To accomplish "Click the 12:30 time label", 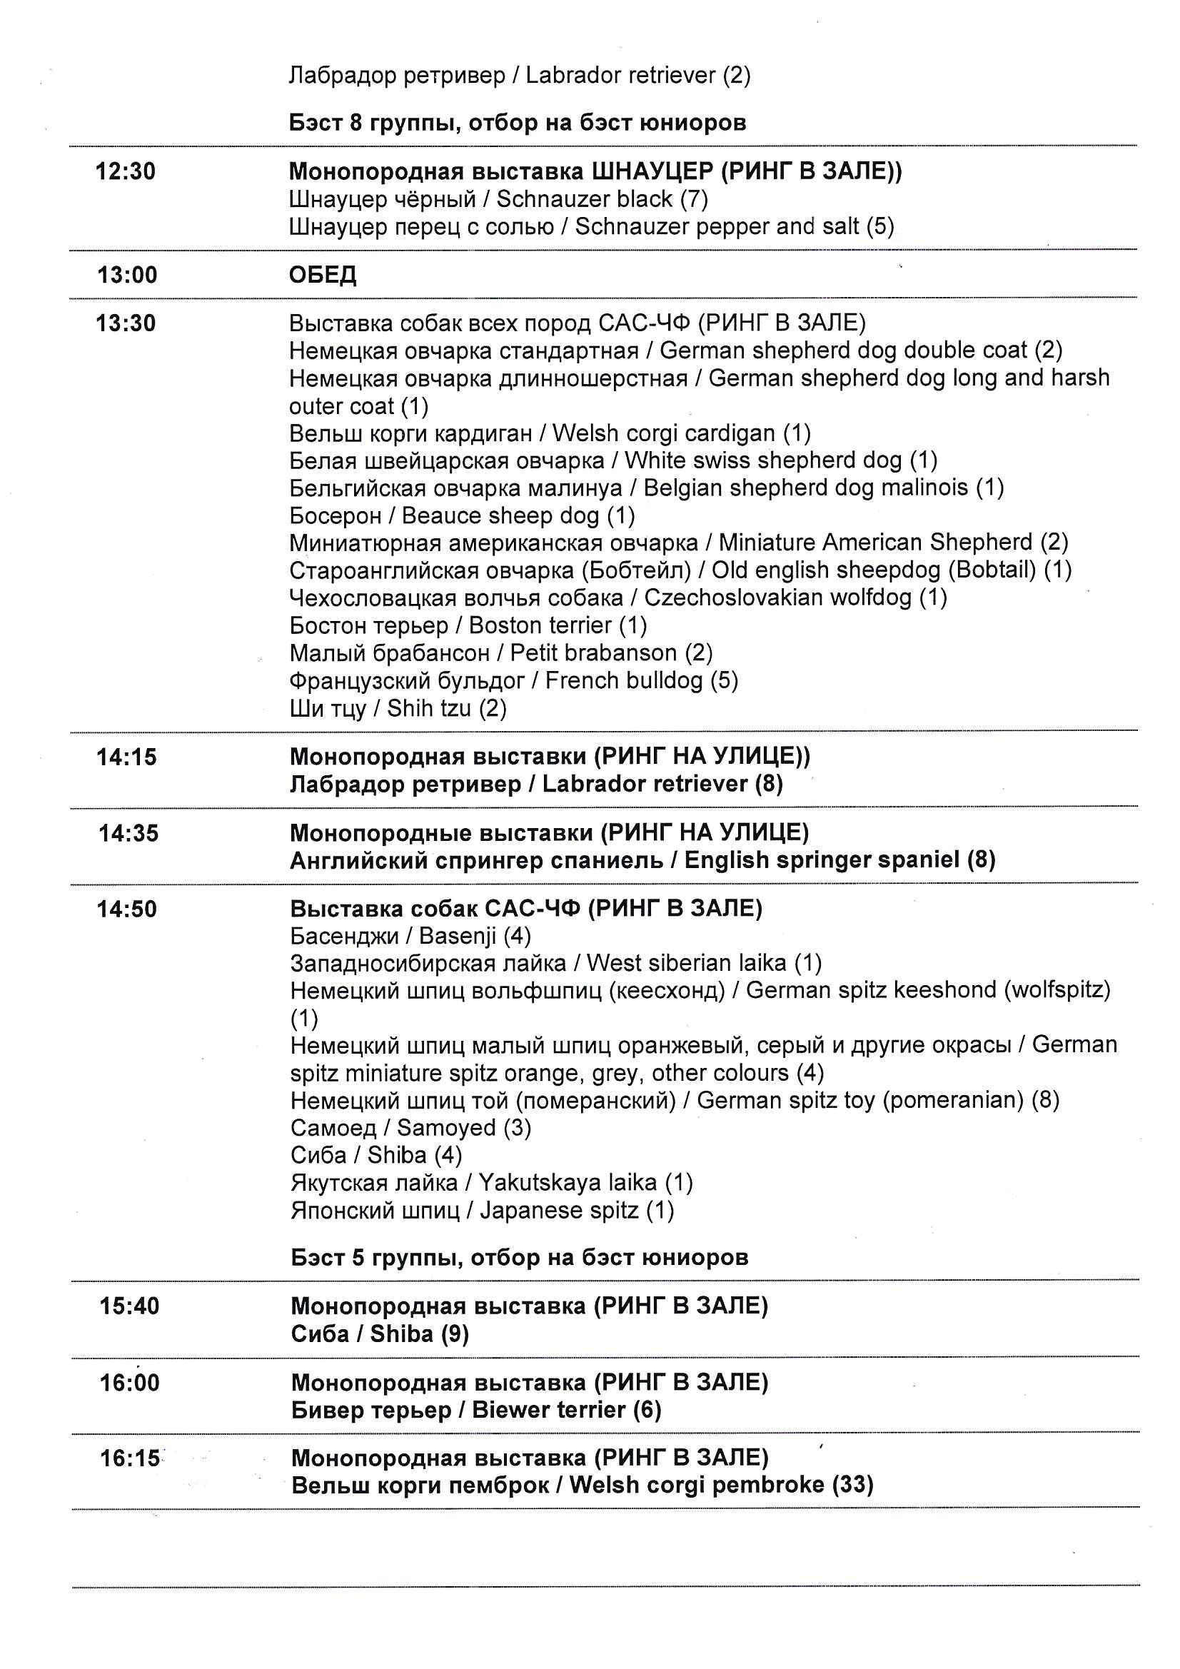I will (x=125, y=171).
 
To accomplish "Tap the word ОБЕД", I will (x=323, y=275).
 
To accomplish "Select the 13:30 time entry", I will (x=126, y=323).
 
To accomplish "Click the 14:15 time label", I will (x=126, y=757).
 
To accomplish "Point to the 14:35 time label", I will (x=128, y=833).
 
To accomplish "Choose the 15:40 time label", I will (x=129, y=1306).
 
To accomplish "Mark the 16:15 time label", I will (x=129, y=1458).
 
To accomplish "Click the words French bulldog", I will (x=624, y=680).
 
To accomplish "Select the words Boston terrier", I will (x=540, y=625).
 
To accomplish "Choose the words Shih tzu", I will (x=429, y=708).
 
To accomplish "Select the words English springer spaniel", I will (x=822, y=861).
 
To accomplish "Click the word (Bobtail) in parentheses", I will (x=992, y=570).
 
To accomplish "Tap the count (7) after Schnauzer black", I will (x=694, y=199).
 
